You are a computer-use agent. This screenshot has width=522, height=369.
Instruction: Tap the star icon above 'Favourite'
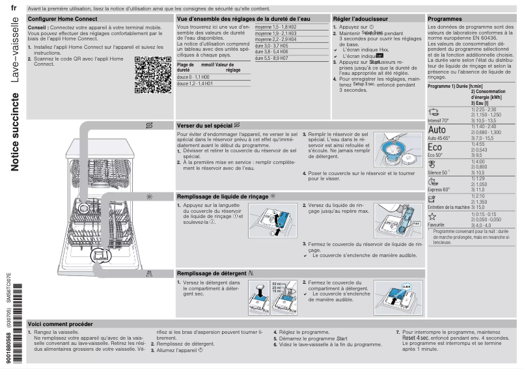(432, 216)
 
